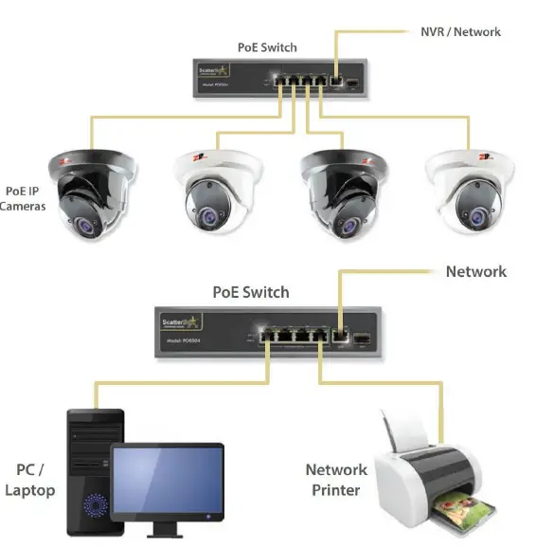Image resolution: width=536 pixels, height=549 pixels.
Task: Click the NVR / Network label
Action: [x=459, y=31]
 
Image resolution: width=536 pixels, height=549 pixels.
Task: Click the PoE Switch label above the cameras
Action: [x=266, y=47]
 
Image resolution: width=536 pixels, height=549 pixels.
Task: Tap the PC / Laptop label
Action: [x=29, y=480]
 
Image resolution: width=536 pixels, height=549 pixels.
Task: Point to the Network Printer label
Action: [x=335, y=480]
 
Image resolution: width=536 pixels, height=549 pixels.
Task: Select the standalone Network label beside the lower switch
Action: [x=475, y=272]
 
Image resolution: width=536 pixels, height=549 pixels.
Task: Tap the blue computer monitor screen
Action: [x=168, y=481]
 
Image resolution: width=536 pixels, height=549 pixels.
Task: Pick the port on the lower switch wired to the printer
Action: [x=320, y=336]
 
